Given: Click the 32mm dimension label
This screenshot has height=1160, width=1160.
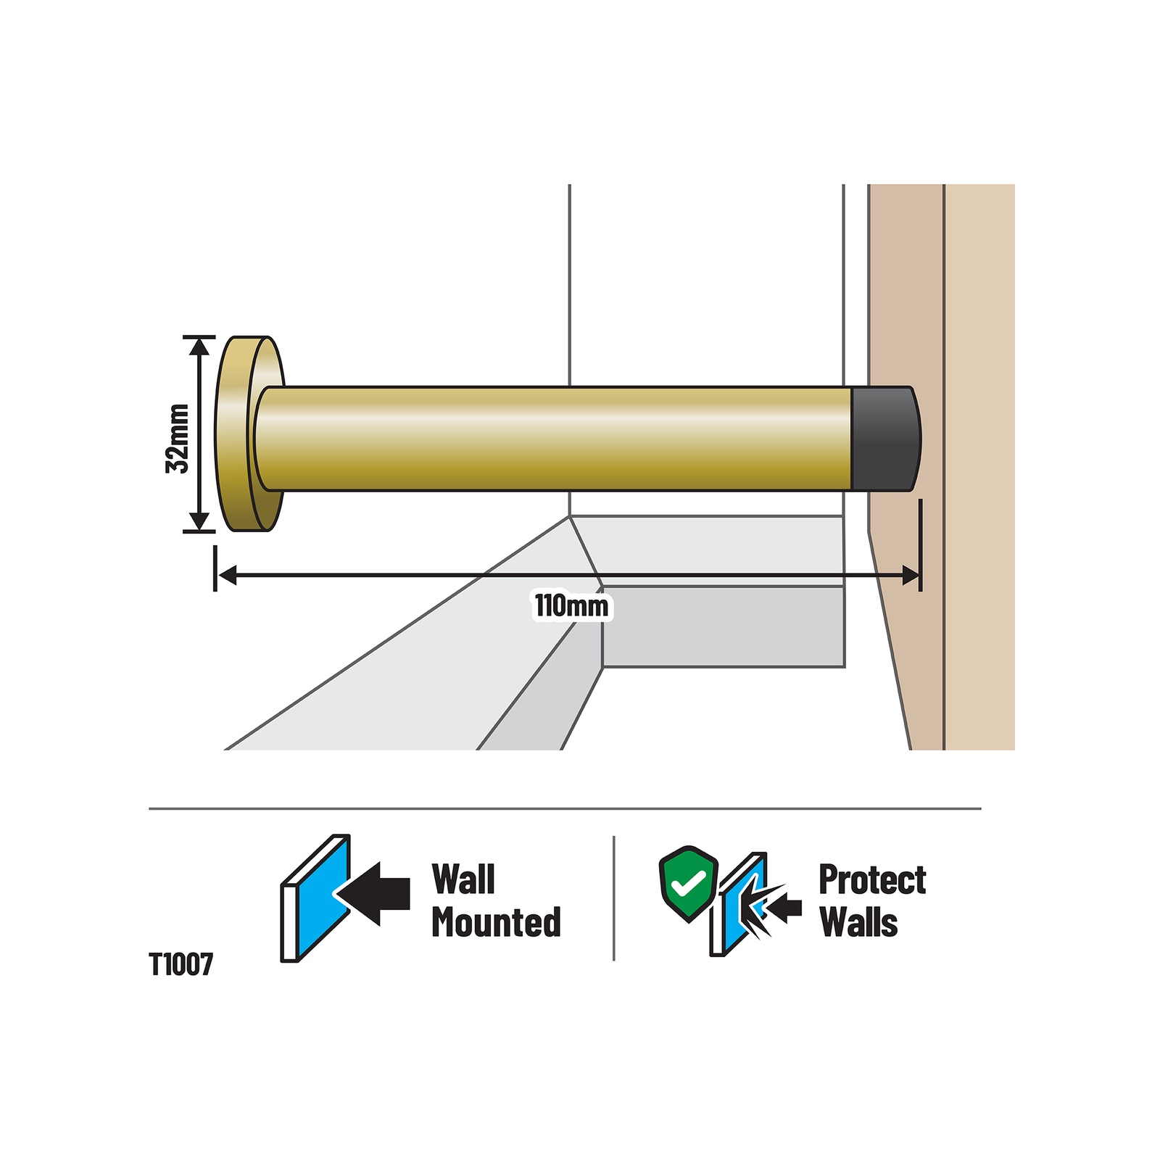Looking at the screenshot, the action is point(178,438).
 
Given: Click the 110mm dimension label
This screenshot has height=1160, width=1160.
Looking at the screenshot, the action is point(572,605).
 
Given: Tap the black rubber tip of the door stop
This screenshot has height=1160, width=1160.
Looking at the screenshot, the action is point(885,439).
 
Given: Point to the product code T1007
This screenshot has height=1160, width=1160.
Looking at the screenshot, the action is point(181,964).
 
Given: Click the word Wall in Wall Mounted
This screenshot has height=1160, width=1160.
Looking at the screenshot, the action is point(463,879).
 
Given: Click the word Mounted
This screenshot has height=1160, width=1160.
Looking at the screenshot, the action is point(497,922).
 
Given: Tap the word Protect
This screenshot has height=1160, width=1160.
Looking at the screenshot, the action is point(872,879).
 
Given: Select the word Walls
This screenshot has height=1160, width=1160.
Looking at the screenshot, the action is point(859,922).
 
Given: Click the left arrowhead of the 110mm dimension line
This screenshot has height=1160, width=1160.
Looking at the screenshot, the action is point(227,576).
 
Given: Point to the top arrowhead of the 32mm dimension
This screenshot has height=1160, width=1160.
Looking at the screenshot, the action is point(199,347).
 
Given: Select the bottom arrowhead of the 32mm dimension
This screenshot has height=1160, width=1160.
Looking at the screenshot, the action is point(199,521).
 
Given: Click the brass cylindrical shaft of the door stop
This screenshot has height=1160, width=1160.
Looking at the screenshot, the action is point(555,439).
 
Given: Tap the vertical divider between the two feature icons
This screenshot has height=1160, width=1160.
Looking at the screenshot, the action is point(614,898).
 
